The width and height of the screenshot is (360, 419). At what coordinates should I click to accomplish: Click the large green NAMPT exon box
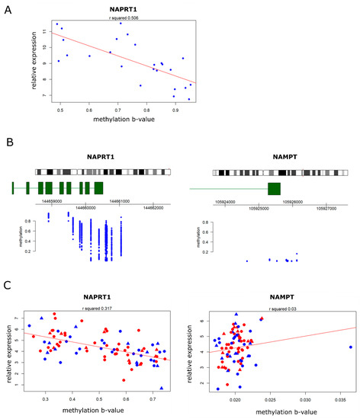point(274,189)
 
